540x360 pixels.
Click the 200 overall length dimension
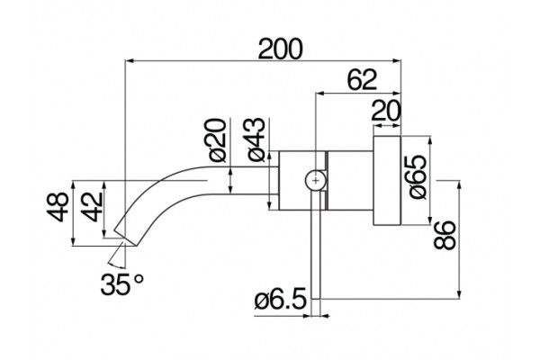(x=280, y=49)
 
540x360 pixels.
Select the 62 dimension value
(x=362, y=80)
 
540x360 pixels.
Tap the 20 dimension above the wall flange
(x=386, y=111)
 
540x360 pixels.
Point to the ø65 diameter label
(x=418, y=176)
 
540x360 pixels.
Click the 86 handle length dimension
(x=445, y=235)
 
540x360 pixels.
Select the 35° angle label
(x=122, y=284)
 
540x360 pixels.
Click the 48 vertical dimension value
(x=58, y=207)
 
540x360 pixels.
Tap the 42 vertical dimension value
(x=93, y=207)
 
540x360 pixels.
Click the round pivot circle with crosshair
(x=316, y=180)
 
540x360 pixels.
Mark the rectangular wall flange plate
(x=387, y=181)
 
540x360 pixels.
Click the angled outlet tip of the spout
(x=126, y=238)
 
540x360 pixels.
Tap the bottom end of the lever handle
(x=316, y=298)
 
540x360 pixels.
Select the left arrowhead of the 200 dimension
(x=130, y=61)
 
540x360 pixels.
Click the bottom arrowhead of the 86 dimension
(x=459, y=294)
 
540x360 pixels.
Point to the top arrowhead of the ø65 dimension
(x=430, y=141)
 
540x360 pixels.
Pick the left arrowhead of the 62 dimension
(x=319, y=93)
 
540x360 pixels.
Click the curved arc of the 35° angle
(x=116, y=266)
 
